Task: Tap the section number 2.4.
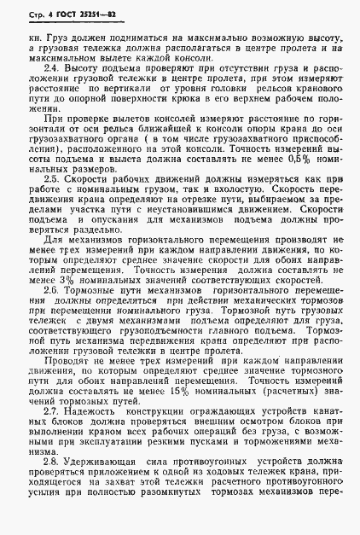[x=51, y=67]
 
